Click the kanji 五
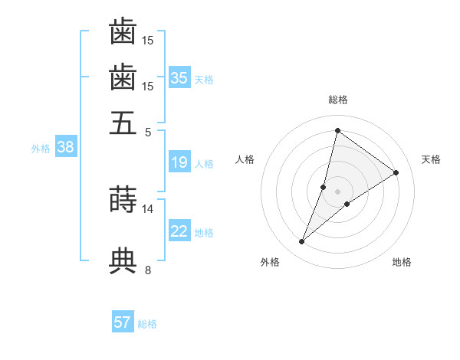(123, 123)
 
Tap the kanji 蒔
(123, 200)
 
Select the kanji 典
(123, 260)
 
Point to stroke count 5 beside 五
(148, 132)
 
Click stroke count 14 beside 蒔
(148, 208)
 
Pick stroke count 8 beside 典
(148, 270)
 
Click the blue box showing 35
(179, 77)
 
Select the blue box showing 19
(179, 162)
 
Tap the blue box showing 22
(179, 231)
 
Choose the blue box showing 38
(65, 147)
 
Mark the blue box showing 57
(123, 322)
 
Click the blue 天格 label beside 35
(204, 79)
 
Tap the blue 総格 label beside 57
(147, 324)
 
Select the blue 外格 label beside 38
(41, 149)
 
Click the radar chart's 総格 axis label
(338, 100)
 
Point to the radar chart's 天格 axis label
(431, 159)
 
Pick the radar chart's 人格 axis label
(245, 159)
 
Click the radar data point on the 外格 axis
(302, 242)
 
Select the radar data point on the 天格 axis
(396, 172)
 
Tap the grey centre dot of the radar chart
(338, 191)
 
